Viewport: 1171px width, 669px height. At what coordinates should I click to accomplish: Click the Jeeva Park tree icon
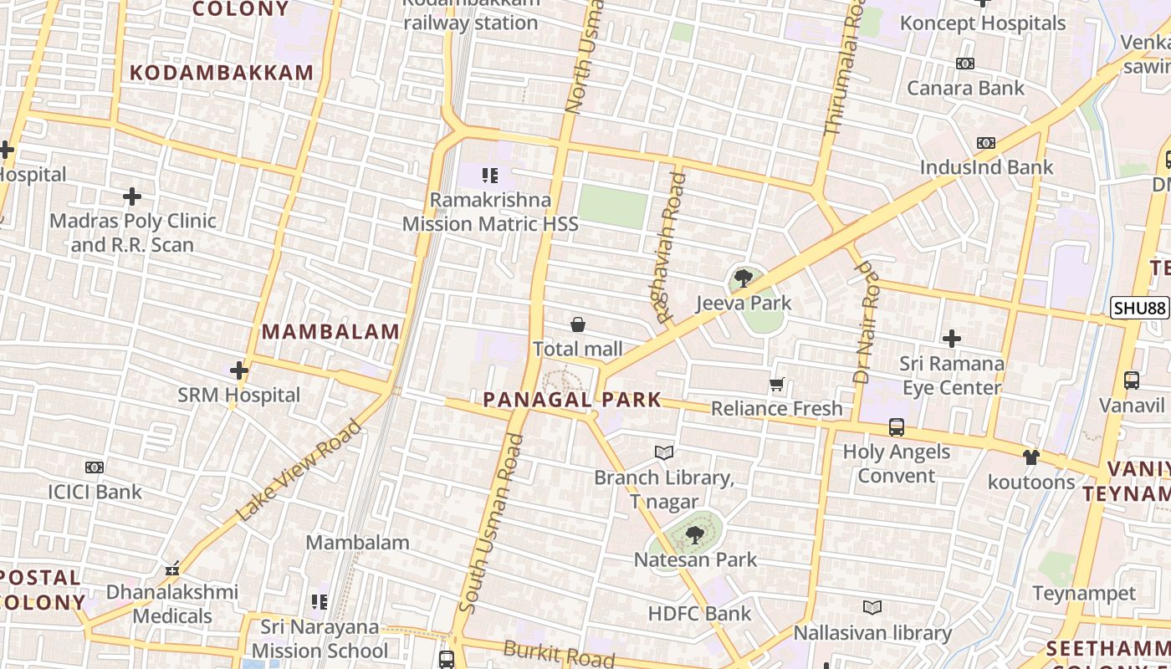coord(743,278)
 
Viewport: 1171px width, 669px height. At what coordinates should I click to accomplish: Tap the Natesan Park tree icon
coord(693,534)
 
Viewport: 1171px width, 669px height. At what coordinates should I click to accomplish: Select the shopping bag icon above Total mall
coord(577,324)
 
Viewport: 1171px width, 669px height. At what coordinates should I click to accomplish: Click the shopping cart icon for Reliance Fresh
coord(776,385)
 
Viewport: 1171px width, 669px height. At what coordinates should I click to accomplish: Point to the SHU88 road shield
coord(1139,308)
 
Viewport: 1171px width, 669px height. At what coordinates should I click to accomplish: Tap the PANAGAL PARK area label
coord(572,400)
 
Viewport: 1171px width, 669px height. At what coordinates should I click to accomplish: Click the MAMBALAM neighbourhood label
coord(331,332)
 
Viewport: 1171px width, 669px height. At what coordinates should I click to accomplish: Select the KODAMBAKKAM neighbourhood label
coord(222,73)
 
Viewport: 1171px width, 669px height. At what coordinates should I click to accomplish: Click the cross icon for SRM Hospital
coord(239,370)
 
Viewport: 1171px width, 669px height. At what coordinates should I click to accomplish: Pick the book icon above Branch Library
coord(664,452)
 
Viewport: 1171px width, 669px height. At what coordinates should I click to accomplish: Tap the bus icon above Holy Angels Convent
coord(897,427)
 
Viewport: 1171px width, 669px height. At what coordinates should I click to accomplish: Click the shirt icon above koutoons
coord(1030,457)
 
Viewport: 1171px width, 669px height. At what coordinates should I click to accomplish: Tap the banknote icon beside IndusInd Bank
coord(986,143)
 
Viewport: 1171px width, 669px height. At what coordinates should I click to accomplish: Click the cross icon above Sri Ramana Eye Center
coord(951,339)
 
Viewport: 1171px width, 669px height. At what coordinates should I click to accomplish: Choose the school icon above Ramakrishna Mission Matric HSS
coord(490,176)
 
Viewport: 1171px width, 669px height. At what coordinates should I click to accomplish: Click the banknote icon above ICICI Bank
coord(95,467)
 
